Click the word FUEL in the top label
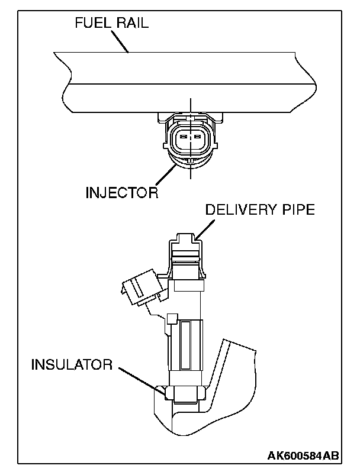tap(92, 24)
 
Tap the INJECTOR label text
tap(122, 193)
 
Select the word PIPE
tap(295, 209)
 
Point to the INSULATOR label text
tap(72, 364)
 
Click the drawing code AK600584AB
tap(303, 455)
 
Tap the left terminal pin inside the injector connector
tap(183, 138)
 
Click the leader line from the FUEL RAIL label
tap(121, 41)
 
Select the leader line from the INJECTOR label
tap(165, 176)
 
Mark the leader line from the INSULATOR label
tap(139, 378)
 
